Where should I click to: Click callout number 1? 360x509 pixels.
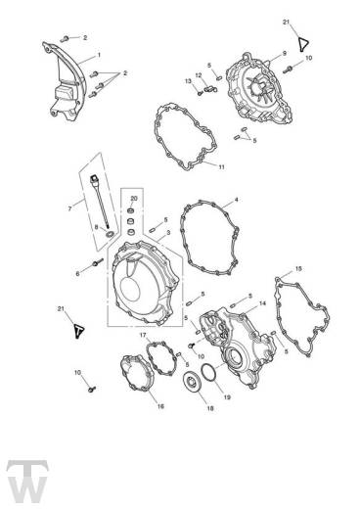pyautogui.click(x=99, y=57)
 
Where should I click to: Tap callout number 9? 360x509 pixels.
pyautogui.click(x=284, y=52)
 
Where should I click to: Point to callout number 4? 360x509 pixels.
pyautogui.click(x=235, y=199)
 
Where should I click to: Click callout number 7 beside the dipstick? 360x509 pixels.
pyautogui.click(x=69, y=208)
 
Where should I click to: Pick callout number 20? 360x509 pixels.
pyautogui.click(x=134, y=199)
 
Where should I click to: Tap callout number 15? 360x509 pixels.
pyautogui.click(x=298, y=267)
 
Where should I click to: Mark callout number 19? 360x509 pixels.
pyautogui.click(x=227, y=397)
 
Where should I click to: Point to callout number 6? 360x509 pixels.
pyautogui.click(x=77, y=274)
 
